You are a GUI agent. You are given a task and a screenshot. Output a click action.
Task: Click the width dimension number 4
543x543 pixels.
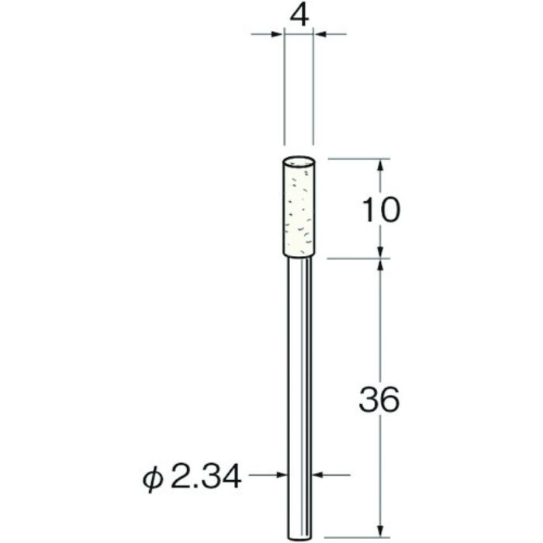click(299, 15)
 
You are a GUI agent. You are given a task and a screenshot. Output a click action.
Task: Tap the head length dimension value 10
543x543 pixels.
click(380, 209)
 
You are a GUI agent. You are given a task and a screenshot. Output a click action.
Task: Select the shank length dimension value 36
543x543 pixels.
click(380, 401)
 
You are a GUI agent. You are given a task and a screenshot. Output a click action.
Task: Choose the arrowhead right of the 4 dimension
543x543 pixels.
click(319, 34)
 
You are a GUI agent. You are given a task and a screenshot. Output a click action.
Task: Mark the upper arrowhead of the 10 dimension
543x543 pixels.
click(380, 165)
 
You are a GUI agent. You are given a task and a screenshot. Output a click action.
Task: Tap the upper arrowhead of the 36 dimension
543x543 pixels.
click(380, 265)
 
